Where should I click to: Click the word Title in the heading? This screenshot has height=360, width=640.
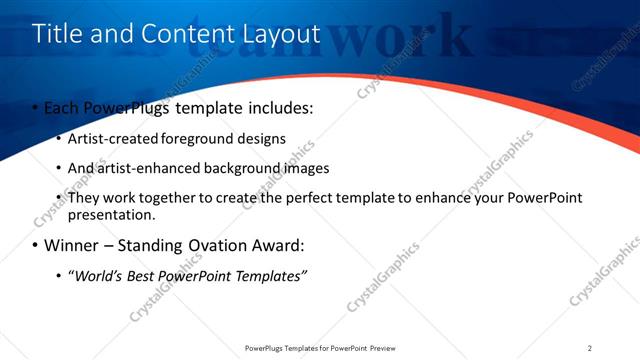(x=55, y=34)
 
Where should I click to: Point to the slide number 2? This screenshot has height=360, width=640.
(x=590, y=348)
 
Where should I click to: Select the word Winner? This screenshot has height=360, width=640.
(x=69, y=245)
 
